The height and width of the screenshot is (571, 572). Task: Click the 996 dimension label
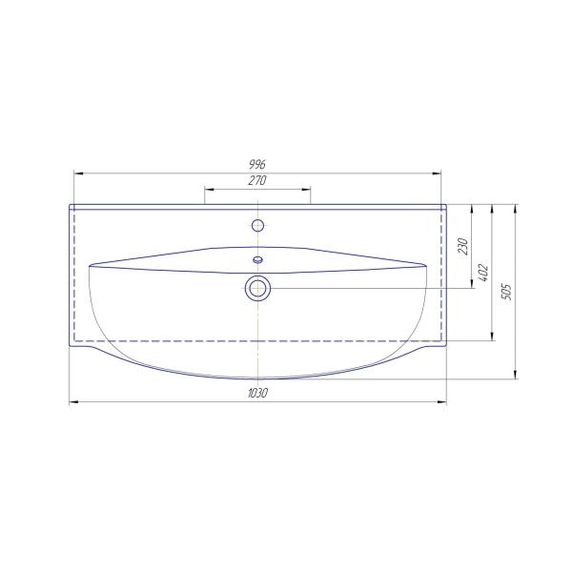pos(257,165)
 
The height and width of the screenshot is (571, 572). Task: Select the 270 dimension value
pos(257,180)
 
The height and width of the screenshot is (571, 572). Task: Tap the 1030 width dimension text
pos(258,393)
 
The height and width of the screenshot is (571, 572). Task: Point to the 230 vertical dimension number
pos(462,246)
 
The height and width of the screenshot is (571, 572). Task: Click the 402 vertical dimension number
pos(483,272)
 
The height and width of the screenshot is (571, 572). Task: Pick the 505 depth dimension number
pos(506,292)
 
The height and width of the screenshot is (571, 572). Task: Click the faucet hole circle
pos(258,226)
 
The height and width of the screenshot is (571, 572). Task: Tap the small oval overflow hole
pos(258,260)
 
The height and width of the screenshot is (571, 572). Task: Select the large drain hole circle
pos(258,288)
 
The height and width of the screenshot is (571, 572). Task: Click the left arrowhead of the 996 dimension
pos(78,173)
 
